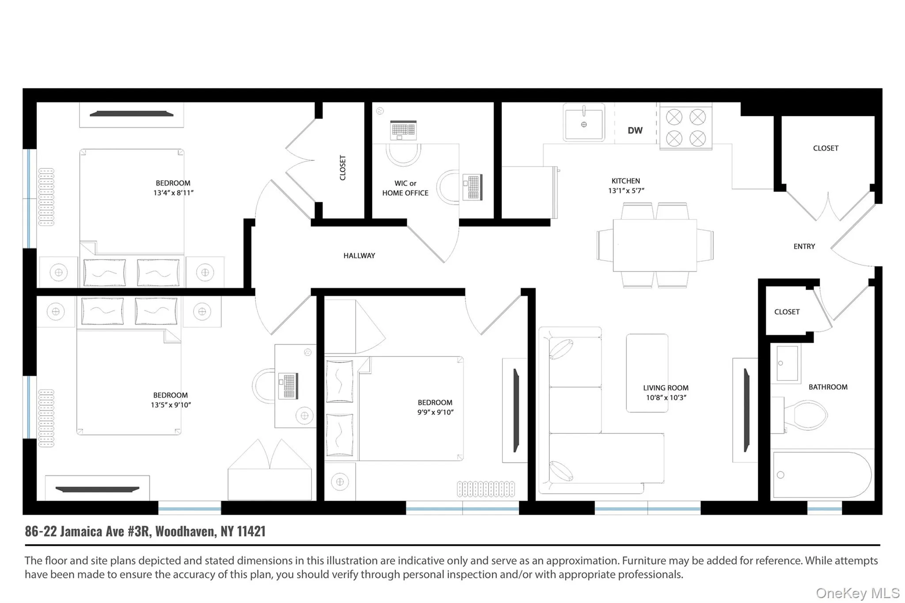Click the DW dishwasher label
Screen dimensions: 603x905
635,130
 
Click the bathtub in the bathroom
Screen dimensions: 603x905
821,475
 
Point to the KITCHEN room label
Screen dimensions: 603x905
625,181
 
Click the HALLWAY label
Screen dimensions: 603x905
359,255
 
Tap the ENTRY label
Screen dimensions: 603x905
804,247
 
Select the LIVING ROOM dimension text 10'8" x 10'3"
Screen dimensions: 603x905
666,398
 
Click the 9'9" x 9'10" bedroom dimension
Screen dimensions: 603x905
435,412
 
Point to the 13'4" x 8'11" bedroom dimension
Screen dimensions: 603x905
173,193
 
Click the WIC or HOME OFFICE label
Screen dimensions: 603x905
405,188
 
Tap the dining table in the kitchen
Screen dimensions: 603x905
654,245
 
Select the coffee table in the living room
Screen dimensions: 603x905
647,373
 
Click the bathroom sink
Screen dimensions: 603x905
787,364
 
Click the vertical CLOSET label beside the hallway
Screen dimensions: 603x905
342,167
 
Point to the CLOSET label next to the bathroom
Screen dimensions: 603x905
787,312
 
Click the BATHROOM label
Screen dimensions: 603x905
828,387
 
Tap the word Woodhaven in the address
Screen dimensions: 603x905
186,531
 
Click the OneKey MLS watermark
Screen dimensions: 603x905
857,593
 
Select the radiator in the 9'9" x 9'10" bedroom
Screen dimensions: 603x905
486,489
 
